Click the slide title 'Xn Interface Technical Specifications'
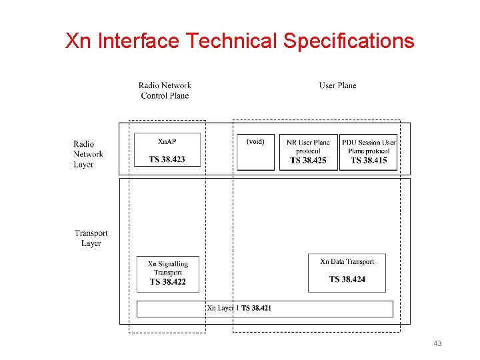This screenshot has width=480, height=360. [240, 41]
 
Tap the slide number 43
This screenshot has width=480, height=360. [437, 344]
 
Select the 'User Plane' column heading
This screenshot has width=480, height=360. [337, 85]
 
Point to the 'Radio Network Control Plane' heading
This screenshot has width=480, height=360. [165, 91]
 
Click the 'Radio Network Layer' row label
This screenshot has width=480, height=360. [88, 154]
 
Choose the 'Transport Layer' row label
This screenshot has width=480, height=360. [91, 238]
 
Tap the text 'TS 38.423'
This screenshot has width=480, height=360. [167, 159]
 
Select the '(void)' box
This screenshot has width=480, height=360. [255, 152]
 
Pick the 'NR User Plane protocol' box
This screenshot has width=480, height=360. [308, 147]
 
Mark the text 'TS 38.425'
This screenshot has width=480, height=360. [308, 161]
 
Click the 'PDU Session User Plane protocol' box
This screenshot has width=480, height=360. [369, 147]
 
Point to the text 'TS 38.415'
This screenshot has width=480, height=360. [369, 161]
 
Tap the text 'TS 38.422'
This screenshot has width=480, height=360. [168, 282]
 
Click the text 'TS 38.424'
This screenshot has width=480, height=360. [347, 279]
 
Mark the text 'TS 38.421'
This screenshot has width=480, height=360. [257, 308]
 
